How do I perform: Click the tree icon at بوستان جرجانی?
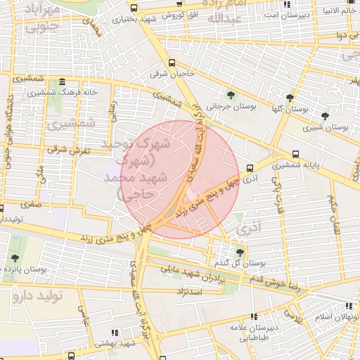[x=232, y=95]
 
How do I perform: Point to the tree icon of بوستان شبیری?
[x=324, y=116]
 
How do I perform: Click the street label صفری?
[x=30, y=205]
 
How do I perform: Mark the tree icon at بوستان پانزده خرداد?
[x=15, y=259]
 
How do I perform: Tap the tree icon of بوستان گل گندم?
[x=240, y=252]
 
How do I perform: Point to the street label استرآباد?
[x=191, y=290]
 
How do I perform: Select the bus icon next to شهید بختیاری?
[x=134, y=7]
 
